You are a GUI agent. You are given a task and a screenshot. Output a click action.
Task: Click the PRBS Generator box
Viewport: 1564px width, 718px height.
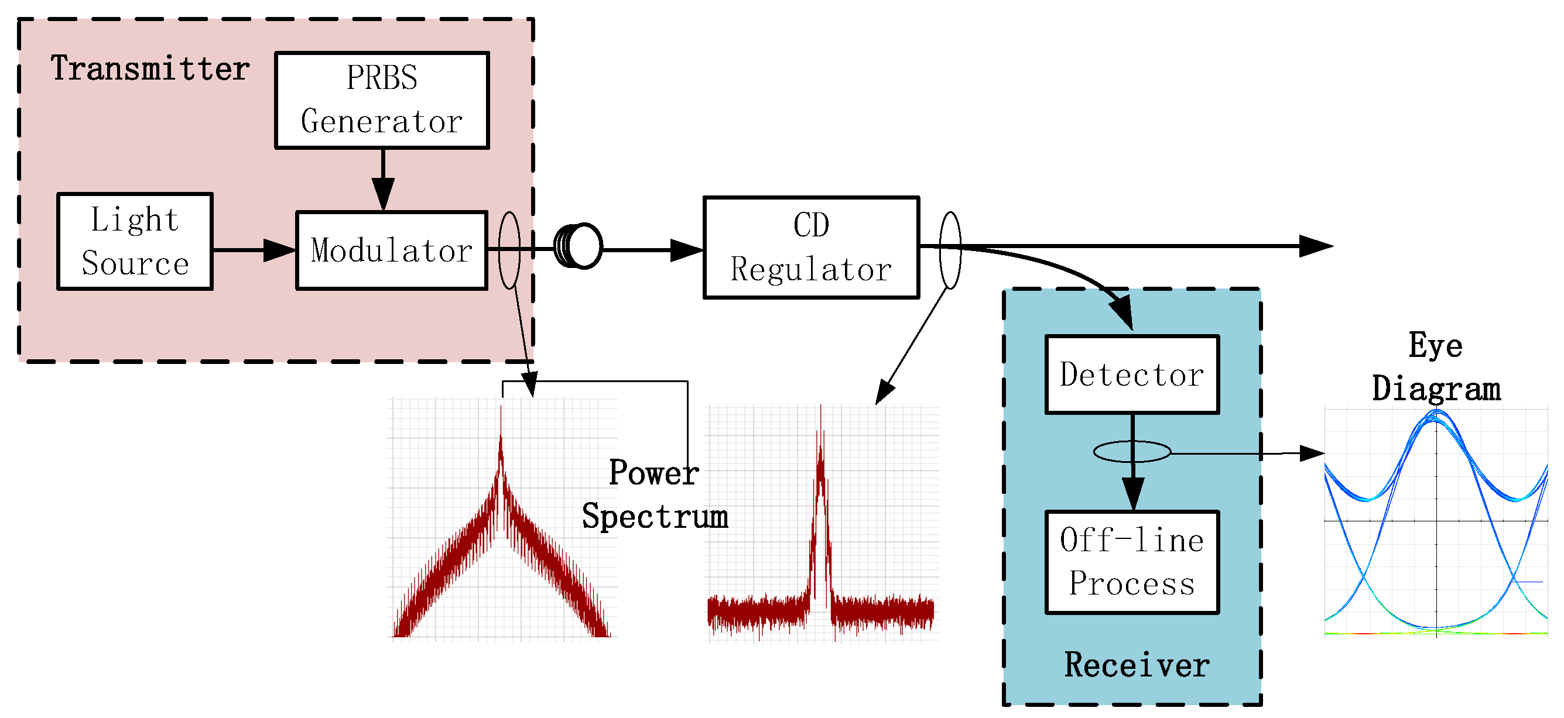pyautogui.click(x=381, y=100)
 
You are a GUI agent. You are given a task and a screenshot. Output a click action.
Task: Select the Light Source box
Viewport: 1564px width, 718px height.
pyautogui.click(x=135, y=242)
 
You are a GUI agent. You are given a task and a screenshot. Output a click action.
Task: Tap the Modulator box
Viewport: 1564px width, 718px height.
pyautogui.click(x=392, y=250)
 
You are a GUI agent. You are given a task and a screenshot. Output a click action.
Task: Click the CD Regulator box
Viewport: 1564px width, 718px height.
pyautogui.click(x=810, y=248)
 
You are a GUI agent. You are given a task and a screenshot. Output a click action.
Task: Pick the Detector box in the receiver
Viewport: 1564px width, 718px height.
pyautogui.click(x=1132, y=375)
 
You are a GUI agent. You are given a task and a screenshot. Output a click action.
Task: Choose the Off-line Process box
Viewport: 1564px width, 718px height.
pyautogui.click(x=1132, y=562)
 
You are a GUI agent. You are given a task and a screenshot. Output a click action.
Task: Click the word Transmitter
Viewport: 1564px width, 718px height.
pyautogui.click(x=150, y=68)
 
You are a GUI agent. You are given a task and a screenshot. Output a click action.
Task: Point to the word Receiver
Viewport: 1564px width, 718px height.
pyautogui.click(x=1137, y=665)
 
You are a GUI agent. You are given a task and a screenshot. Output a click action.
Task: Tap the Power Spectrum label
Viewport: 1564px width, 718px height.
pyautogui.click(x=655, y=494)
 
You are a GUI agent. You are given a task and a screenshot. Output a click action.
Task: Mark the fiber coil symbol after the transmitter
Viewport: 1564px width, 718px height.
pyautogui.click(x=578, y=246)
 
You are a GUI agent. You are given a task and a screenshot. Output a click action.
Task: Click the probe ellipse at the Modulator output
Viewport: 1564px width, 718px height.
pyautogui.click(x=509, y=250)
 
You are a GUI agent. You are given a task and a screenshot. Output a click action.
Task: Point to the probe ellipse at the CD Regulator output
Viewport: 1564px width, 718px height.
pyautogui.click(x=950, y=250)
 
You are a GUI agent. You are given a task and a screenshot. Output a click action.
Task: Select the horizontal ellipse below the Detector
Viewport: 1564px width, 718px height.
pyautogui.click(x=1132, y=452)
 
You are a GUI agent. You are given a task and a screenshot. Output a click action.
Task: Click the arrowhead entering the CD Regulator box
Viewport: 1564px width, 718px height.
pyautogui.click(x=686, y=250)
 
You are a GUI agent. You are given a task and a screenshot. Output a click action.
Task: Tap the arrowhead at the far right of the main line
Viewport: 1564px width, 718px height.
pyautogui.click(x=1315, y=246)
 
